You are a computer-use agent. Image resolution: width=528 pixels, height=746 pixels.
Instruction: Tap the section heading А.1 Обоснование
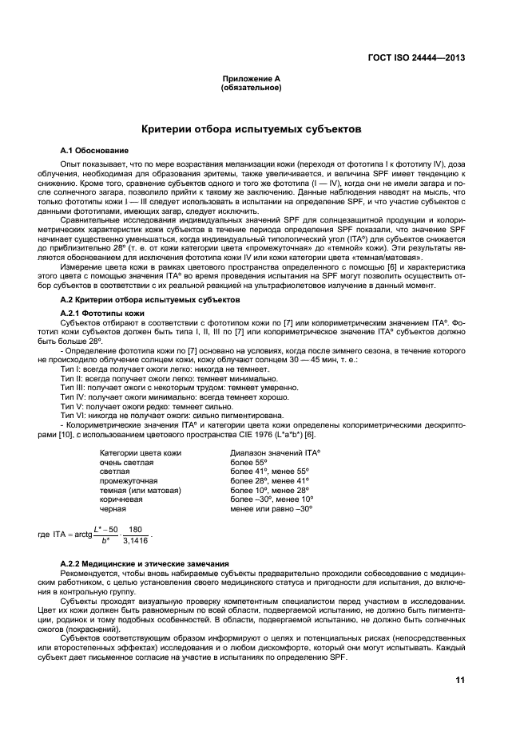coord(95,150)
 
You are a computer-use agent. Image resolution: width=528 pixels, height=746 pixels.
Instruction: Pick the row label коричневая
coord(121,499)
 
